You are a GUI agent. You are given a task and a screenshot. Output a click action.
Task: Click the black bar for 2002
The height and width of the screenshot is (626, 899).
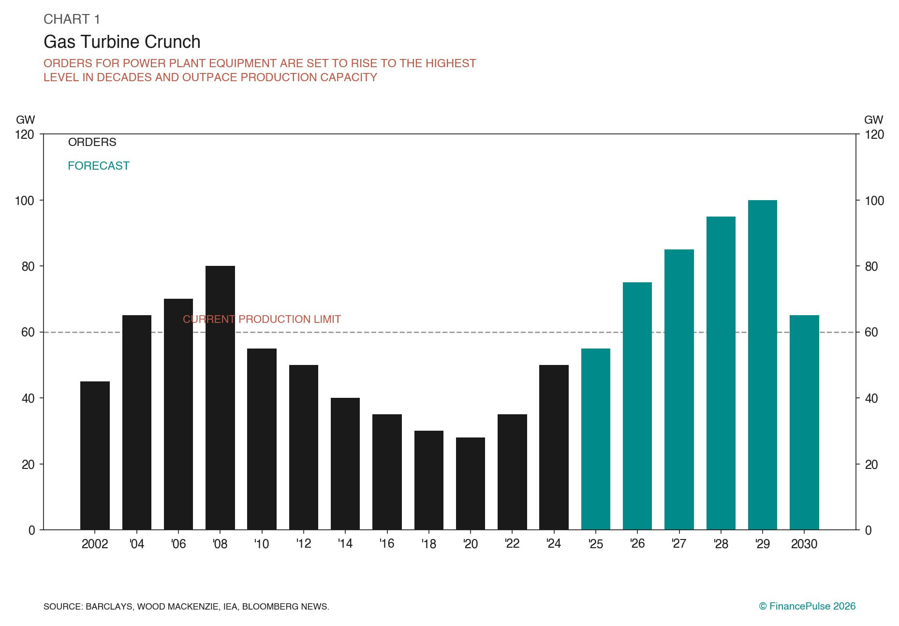click(95, 455)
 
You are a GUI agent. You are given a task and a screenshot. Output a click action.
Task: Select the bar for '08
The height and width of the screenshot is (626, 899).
click(220, 397)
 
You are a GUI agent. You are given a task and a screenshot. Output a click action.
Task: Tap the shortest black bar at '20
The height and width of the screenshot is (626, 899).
click(471, 483)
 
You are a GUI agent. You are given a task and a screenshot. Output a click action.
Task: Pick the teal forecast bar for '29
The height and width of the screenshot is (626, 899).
click(762, 364)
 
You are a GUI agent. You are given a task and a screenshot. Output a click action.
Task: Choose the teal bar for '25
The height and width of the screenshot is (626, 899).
click(595, 439)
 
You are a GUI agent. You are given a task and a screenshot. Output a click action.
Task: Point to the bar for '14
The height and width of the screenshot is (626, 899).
click(345, 464)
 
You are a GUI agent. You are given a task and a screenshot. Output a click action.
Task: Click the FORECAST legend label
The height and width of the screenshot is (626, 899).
click(99, 166)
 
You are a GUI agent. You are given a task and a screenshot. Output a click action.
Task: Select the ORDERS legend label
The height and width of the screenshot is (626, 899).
click(92, 142)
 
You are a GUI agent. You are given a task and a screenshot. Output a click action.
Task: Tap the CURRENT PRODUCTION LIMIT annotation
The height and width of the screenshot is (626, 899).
click(262, 319)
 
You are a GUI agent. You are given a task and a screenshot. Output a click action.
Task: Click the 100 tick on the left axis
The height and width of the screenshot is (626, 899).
click(24, 201)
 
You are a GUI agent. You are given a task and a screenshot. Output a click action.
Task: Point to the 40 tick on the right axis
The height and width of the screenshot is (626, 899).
click(871, 398)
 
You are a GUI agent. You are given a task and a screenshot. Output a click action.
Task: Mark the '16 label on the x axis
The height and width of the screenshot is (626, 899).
click(387, 544)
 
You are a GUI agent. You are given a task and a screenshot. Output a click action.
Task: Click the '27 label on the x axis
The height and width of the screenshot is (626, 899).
click(679, 544)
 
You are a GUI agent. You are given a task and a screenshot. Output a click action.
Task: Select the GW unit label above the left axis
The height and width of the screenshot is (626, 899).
click(25, 120)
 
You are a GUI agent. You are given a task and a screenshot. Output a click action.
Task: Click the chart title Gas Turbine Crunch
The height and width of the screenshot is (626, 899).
click(122, 42)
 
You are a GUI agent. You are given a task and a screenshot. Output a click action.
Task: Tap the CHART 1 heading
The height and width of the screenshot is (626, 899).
click(72, 19)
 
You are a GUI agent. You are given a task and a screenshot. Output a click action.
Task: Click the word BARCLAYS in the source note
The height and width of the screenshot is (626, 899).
click(109, 607)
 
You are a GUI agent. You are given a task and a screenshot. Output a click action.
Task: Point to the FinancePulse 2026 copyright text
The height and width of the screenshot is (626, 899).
click(807, 606)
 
